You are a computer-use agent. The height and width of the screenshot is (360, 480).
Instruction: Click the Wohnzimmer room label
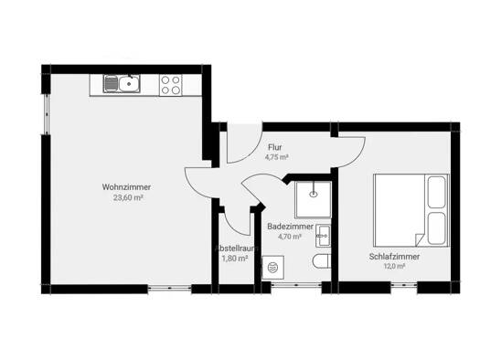[x=126, y=187]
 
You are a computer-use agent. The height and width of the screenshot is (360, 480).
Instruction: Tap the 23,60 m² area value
[x=128, y=197]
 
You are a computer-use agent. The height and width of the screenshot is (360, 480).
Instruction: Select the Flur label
[x=275, y=147]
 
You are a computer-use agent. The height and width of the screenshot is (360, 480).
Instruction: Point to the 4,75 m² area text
[x=277, y=157]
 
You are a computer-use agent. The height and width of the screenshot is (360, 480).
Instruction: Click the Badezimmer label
[x=290, y=227]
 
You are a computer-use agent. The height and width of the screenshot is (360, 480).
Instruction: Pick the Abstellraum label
[x=236, y=248]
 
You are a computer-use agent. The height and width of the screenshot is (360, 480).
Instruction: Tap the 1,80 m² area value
[x=234, y=259]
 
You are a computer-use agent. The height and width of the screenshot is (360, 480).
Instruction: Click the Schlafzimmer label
[x=394, y=257]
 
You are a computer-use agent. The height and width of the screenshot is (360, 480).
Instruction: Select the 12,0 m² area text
[x=394, y=266]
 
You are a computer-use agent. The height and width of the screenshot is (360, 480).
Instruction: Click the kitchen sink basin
[x=129, y=83]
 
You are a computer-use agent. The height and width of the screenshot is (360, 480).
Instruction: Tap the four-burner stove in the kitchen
[x=170, y=85]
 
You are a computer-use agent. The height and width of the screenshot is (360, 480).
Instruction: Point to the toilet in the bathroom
[x=322, y=262]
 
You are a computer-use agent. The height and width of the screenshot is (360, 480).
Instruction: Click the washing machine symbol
[x=273, y=268]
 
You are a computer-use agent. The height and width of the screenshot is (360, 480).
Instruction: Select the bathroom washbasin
[x=323, y=236]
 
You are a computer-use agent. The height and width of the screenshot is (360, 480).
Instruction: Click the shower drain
[x=314, y=194]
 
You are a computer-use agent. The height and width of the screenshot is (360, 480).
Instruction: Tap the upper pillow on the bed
[x=436, y=193]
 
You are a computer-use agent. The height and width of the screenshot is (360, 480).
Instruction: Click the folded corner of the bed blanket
[x=419, y=239]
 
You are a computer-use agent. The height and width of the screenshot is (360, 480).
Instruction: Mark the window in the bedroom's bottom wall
[x=404, y=285]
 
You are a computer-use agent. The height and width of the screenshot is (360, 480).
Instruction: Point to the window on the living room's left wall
[x=47, y=114]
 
